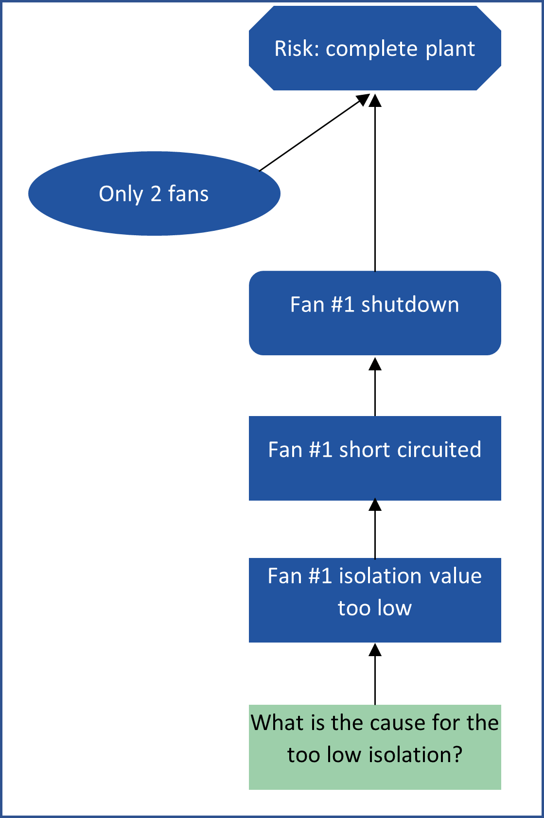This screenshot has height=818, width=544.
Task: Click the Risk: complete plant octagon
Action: click(x=375, y=49)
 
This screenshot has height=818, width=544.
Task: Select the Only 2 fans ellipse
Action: click(x=154, y=194)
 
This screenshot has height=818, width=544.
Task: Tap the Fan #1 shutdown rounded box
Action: click(x=375, y=313)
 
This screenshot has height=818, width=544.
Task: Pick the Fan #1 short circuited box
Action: click(x=375, y=458)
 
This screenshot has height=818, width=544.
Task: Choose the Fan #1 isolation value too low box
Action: click(x=375, y=600)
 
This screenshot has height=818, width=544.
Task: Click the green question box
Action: click(x=375, y=747)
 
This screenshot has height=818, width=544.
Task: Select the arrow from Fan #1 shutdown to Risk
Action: click(x=375, y=185)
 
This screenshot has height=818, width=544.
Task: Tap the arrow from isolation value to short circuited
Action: click(x=375, y=530)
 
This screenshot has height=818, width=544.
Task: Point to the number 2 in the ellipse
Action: click(x=156, y=194)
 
